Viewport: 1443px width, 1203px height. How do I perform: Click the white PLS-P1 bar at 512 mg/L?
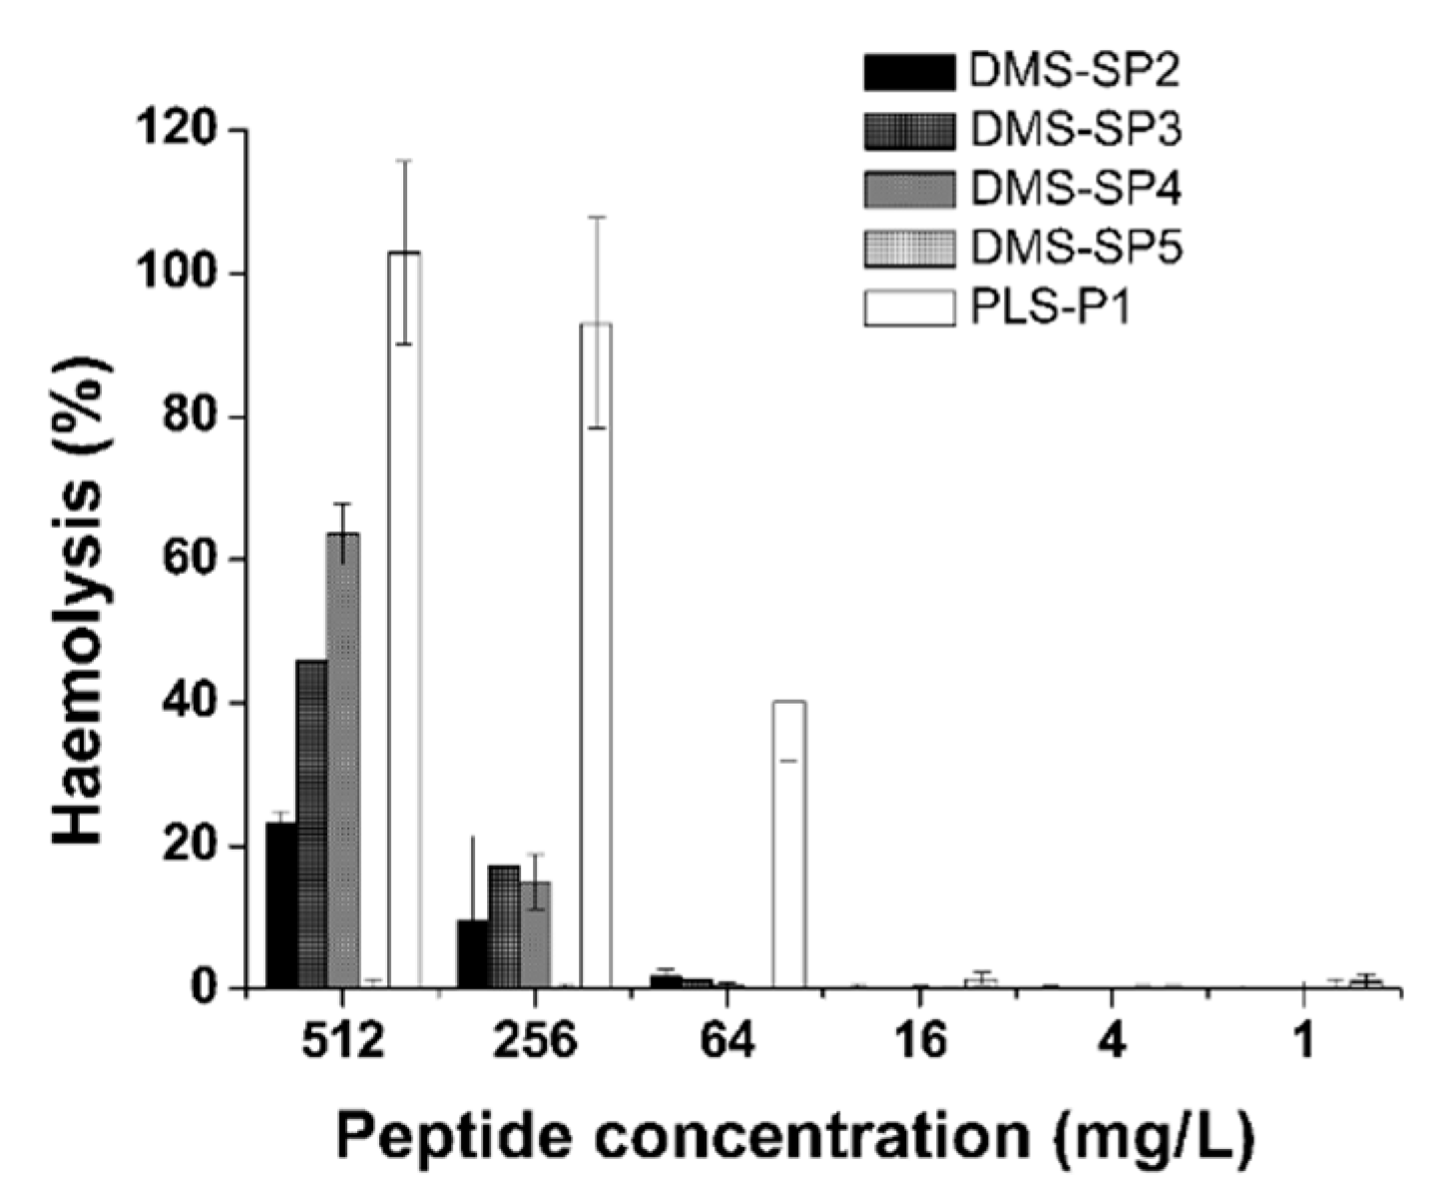tap(404, 619)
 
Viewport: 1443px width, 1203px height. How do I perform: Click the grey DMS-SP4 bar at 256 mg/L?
tap(535, 934)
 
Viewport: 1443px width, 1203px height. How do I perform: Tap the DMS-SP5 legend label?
tap(1076, 248)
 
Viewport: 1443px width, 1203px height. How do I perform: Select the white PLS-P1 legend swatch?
tap(909, 307)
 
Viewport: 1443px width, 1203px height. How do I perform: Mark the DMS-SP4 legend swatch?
tap(909, 189)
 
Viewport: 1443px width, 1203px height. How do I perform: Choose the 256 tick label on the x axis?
tap(535, 1041)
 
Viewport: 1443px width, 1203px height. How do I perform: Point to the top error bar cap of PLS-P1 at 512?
tap(404, 160)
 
